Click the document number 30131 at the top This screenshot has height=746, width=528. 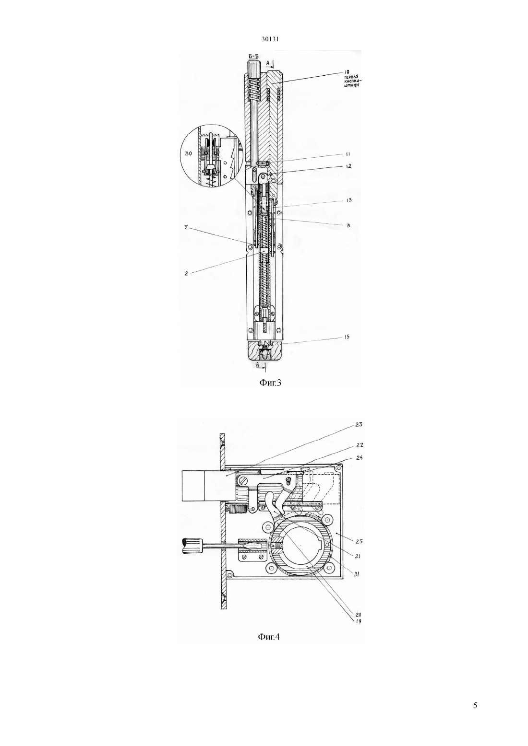click(270, 39)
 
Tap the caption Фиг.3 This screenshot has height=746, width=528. click(270, 383)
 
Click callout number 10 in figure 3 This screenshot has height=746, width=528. click(347, 71)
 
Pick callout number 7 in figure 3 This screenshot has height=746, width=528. click(186, 227)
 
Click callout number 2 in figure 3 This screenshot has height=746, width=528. click(187, 273)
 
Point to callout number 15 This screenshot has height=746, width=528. click(347, 337)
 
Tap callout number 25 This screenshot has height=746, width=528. click(359, 542)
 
